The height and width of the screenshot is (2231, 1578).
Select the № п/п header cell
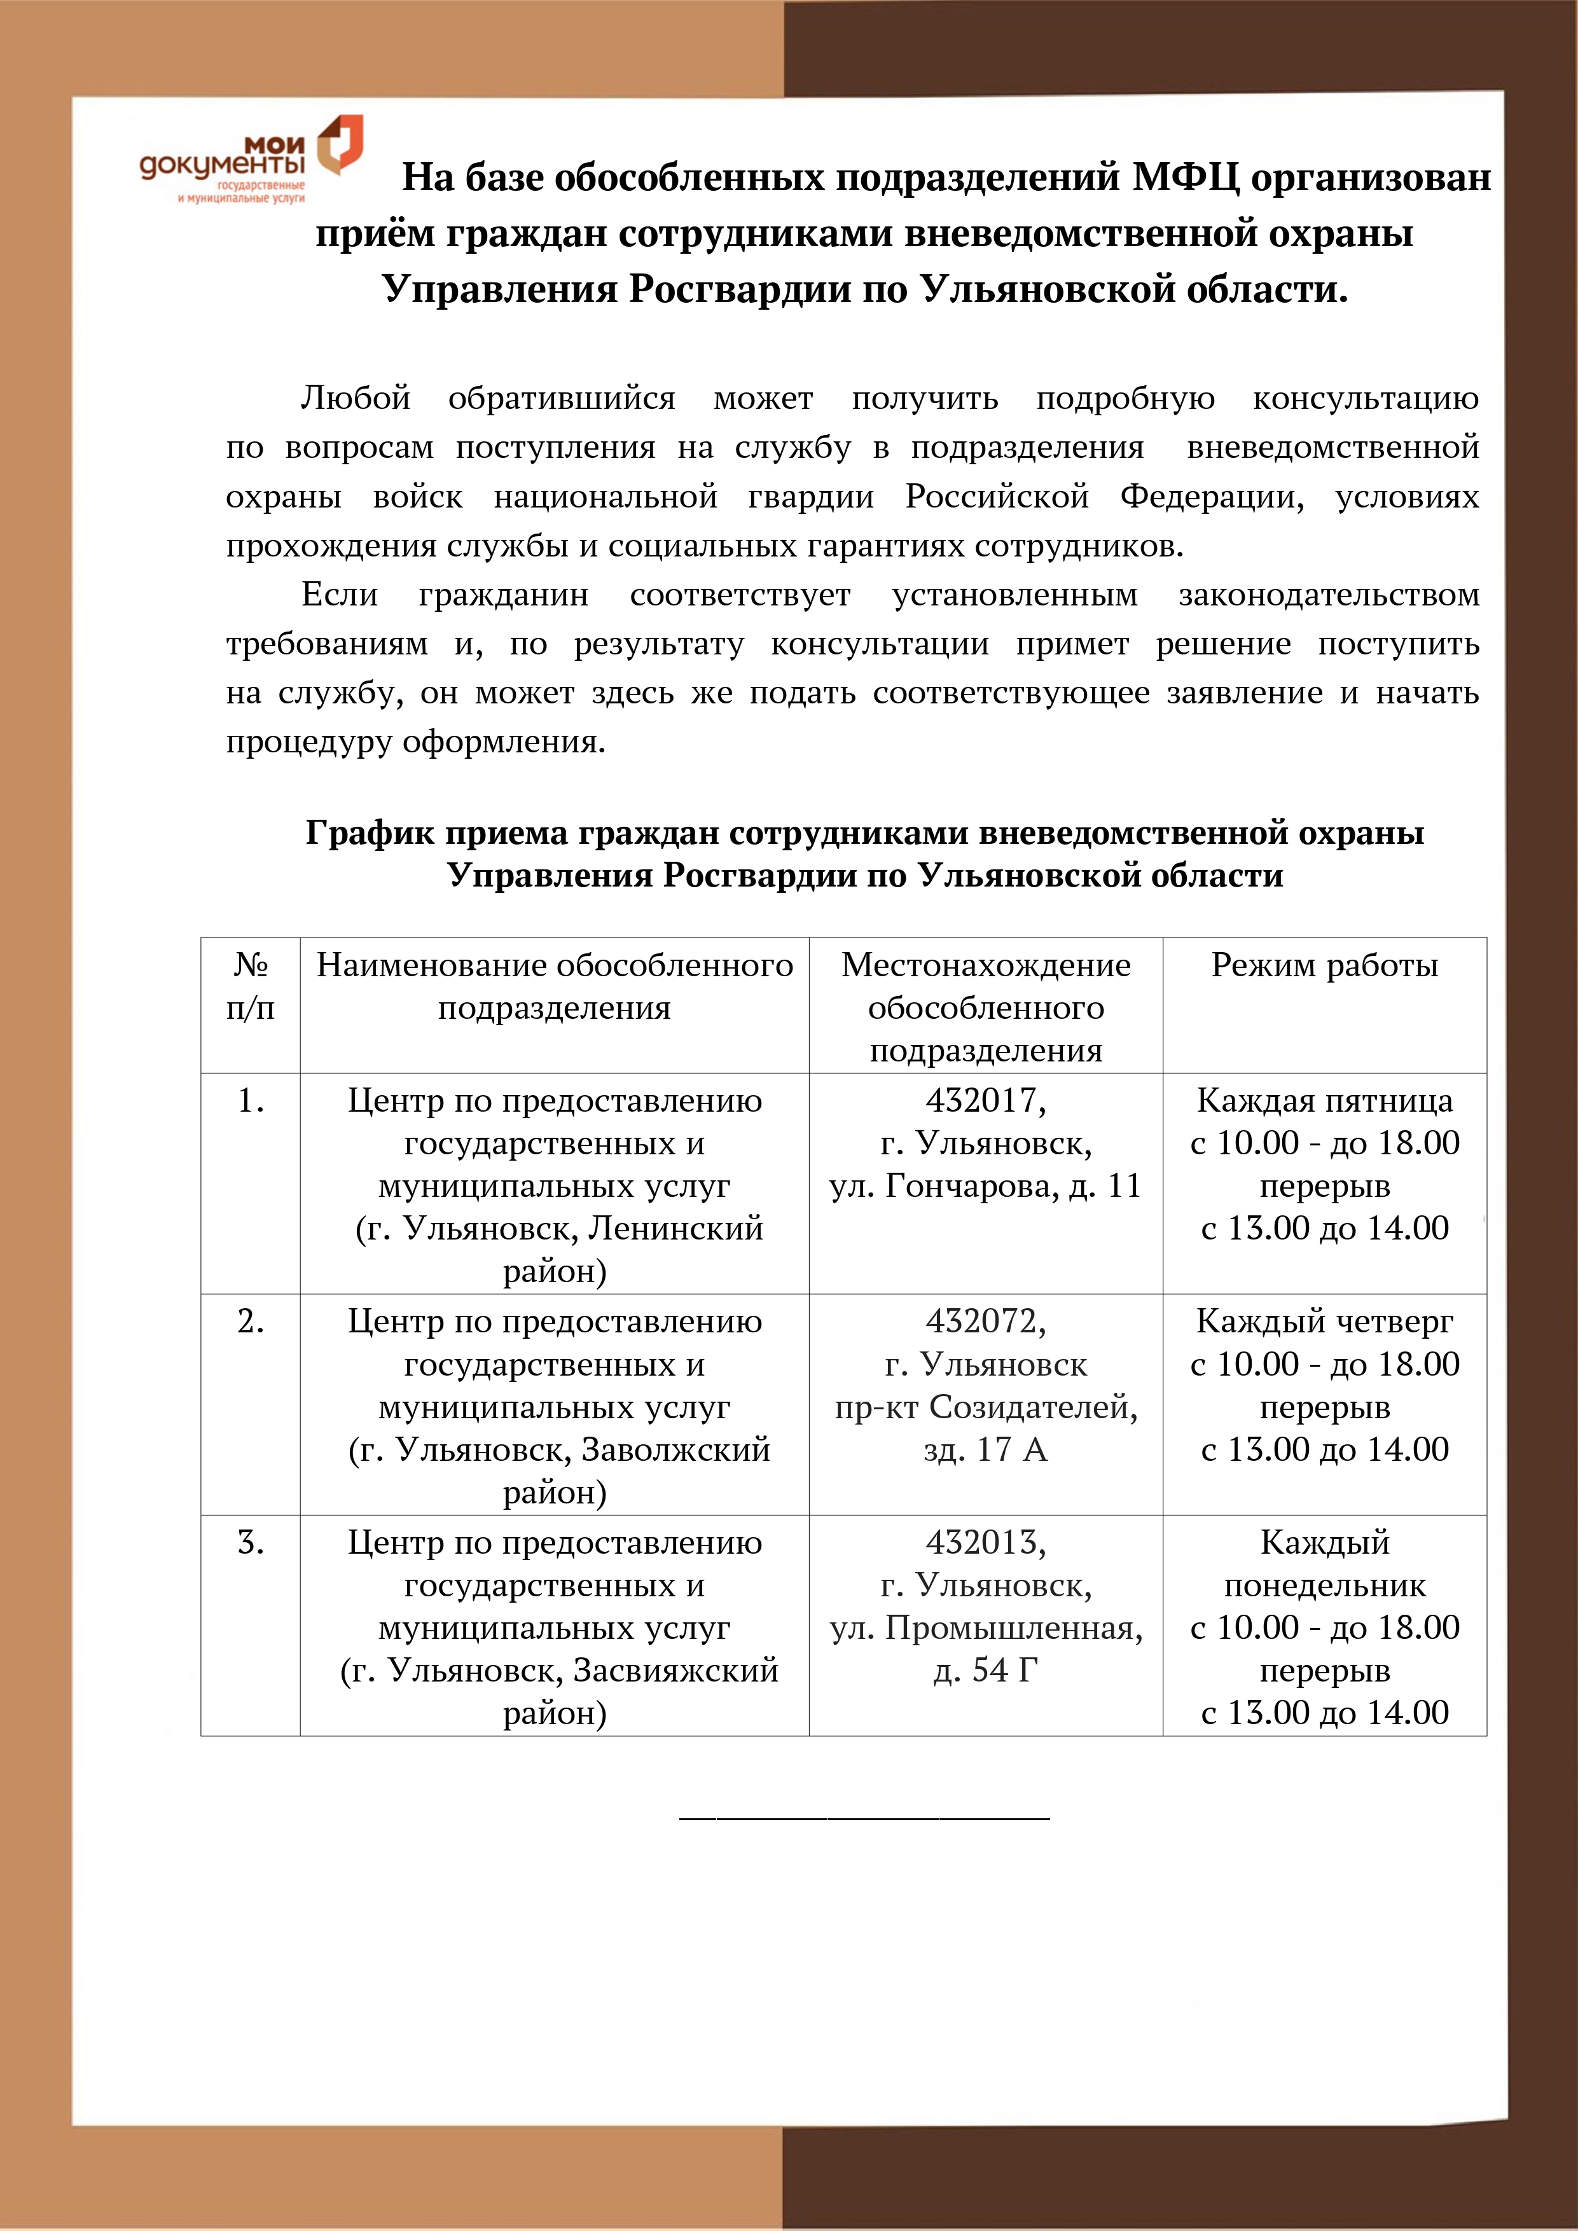pos(251,986)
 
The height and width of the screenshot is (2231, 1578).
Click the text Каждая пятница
pos(1324,1100)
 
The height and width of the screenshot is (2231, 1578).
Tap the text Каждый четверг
pos(1324,1322)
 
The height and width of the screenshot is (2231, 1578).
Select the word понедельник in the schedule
pos(1324,1585)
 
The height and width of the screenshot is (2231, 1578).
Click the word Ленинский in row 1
pos(676,1229)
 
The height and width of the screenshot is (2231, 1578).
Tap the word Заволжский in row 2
pos(675,1450)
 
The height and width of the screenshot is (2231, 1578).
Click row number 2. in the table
pos(251,1322)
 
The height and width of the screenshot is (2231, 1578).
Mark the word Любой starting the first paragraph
pos(356,398)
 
